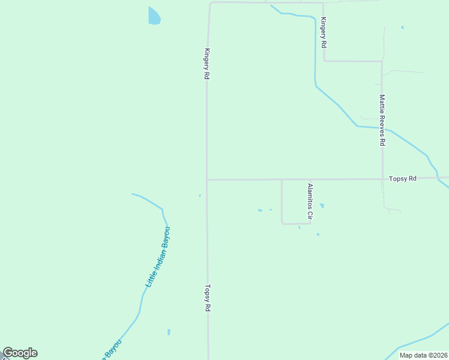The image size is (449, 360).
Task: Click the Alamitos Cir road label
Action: (310, 201)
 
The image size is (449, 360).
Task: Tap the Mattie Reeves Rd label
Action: (382, 120)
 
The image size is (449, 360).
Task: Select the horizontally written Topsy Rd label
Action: (402, 179)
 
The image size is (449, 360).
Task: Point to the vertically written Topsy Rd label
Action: (208, 298)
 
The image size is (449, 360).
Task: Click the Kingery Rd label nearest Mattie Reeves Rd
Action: (324, 32)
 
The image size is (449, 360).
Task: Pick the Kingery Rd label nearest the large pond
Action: (207, 64)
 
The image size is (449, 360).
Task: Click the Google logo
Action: (20, 353)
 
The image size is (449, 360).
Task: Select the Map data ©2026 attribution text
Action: (423, 355)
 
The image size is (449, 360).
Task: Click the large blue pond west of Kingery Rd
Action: (154, 16)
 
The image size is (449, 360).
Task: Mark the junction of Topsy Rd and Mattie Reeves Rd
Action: (382, 179)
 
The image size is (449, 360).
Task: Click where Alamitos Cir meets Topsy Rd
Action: (282, 179)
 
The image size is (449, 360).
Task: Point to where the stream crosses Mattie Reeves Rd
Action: (382, 128)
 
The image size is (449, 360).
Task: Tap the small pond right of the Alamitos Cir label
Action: (322, 206)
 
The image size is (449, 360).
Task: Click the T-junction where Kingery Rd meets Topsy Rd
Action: (206, 179)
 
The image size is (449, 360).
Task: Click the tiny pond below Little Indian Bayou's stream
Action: (169, 332)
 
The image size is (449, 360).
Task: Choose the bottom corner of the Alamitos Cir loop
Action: (282, 223)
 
